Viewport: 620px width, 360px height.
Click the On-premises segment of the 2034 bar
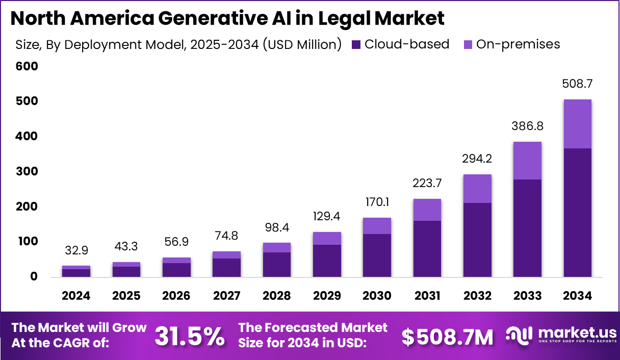tap(577, 124)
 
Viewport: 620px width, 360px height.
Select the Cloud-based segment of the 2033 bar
tap(527, 228)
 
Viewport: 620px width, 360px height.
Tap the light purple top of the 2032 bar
tap(477, 189)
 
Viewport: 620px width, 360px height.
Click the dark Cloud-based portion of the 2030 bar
tap(377, 255)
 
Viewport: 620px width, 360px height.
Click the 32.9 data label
tap(77, 250)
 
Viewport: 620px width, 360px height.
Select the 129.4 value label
tap(327, 217)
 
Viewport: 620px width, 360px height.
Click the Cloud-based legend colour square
tap(356, 45)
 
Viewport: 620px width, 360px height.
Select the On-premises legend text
tap(518, 44)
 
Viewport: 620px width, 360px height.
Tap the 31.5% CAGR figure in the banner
tap(189, 336)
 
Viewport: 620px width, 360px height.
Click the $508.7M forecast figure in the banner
tap(447, 337)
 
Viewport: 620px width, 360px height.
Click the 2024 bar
tap(76, 272)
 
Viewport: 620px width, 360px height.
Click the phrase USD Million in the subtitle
tap(300, 45)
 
